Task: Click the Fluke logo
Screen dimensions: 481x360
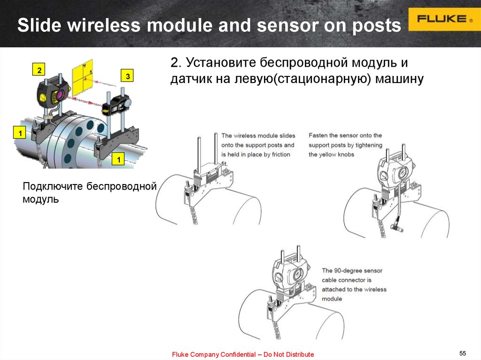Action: (444, 19)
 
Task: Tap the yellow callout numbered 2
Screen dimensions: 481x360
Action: (39, 69)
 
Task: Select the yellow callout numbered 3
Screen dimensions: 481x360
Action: (127, 76)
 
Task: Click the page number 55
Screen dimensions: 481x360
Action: (463, 353)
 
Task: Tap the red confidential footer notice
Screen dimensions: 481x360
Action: (243, 354)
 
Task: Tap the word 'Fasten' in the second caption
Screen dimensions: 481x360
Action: (318, 136)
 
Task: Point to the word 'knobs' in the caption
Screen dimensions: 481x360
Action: (345, 154)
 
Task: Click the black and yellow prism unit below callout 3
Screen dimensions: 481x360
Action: (116, 105)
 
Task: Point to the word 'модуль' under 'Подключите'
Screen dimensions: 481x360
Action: (40, 199)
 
